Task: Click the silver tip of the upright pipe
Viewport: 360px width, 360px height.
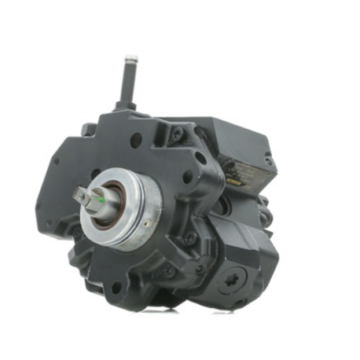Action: point(130,59)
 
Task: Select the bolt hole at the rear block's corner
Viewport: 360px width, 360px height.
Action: point(268,160)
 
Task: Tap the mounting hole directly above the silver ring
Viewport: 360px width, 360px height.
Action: point(136,141)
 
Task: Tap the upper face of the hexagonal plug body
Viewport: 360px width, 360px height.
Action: point(236,236)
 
